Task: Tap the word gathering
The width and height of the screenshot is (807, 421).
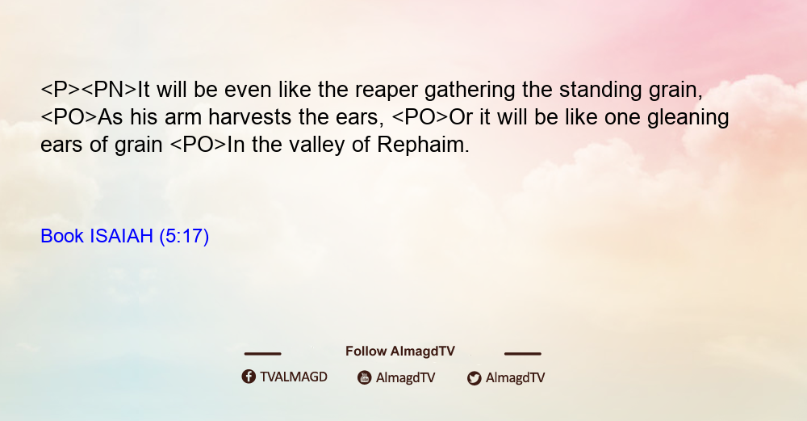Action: [470, 91]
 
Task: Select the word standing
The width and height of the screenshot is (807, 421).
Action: [600, 91]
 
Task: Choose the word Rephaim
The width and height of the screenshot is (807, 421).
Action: [423, 145]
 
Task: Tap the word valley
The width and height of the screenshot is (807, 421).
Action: [316, 145]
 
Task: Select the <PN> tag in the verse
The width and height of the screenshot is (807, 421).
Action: [109, 91]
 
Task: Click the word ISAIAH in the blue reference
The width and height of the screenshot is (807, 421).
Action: [122, 236]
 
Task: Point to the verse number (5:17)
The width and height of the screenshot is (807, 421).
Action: [184, 237]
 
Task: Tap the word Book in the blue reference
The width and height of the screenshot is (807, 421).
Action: [62, 236]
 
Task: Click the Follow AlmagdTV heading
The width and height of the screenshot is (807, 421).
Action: [400, 352]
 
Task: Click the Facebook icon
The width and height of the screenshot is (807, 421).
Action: [249, 377]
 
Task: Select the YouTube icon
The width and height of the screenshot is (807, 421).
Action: [365, 377]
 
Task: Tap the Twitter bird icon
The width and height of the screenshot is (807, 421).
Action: [474, 378]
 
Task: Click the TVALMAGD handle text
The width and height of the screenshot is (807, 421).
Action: [294, 377]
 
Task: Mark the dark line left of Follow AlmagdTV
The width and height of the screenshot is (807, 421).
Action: [262, 354]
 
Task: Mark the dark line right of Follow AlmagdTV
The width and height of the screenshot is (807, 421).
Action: [523, 354]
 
